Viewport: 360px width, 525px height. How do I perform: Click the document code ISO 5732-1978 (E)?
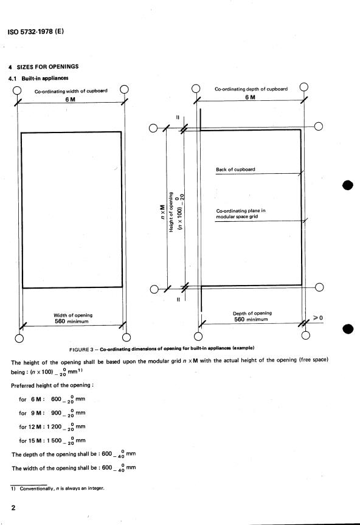tap(35, 32)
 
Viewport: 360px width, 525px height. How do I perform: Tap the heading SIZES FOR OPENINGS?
tap(47, 67)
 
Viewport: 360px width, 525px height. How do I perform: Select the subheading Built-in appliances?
tap(45, 78)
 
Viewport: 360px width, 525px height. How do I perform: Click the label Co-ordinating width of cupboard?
tap(71, 91)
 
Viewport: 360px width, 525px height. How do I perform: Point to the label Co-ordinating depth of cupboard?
tap(251, 89)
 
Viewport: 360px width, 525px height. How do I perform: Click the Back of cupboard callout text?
tap(235, 170)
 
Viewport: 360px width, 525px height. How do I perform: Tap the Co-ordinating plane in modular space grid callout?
tap(241, 214)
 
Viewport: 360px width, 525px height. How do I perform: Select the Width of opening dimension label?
tap(73, 315)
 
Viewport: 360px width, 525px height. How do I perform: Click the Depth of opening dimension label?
tap(252, 314)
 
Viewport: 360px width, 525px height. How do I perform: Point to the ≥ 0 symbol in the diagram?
tap(318, 317)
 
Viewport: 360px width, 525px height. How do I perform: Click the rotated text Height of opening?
tap(171, 212)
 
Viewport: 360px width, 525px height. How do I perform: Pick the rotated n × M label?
tap(162, 212)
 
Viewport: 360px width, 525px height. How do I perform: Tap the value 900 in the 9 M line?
tap(56, 413)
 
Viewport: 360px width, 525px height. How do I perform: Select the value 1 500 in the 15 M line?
tap(54, 441)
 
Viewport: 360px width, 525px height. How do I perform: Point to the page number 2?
tap(13, 507)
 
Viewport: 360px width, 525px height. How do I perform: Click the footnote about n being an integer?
tap(57, 488)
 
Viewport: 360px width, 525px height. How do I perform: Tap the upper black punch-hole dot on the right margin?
tap(348, 185)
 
